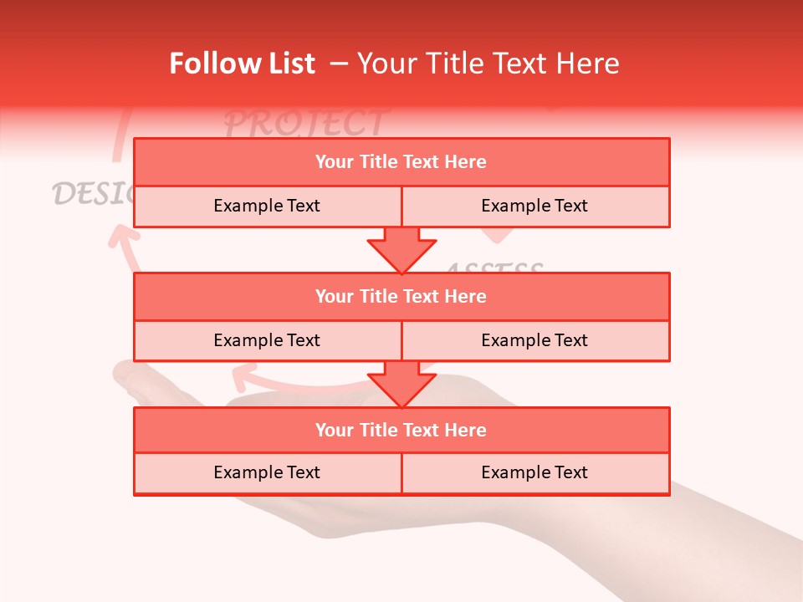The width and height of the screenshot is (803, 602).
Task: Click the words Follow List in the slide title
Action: coord(243,64)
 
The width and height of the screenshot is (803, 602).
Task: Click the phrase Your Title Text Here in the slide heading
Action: coord(488,64)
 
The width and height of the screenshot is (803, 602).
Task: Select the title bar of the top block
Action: coord(401,162)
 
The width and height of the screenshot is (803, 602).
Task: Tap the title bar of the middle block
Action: coord(401,296)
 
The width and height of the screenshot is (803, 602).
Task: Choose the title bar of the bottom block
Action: coord(401,430)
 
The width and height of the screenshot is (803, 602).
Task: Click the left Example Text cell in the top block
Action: coord(268,206)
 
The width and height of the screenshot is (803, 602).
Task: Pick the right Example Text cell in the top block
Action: coord(535,206)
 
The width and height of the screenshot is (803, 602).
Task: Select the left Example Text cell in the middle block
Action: coord(268,340)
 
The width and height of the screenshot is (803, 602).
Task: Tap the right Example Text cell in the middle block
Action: coord(535,340)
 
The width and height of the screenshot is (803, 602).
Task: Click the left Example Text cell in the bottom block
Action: coord(268,472)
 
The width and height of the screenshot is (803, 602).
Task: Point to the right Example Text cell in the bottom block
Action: coord(535,472)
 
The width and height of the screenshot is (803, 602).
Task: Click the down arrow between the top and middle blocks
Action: coord(401,250)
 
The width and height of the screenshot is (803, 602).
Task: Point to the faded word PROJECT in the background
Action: coord(306,123)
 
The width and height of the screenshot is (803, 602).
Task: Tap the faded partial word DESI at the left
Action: coord(92,192)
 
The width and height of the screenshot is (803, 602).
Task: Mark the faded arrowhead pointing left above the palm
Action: coord(244,377)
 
